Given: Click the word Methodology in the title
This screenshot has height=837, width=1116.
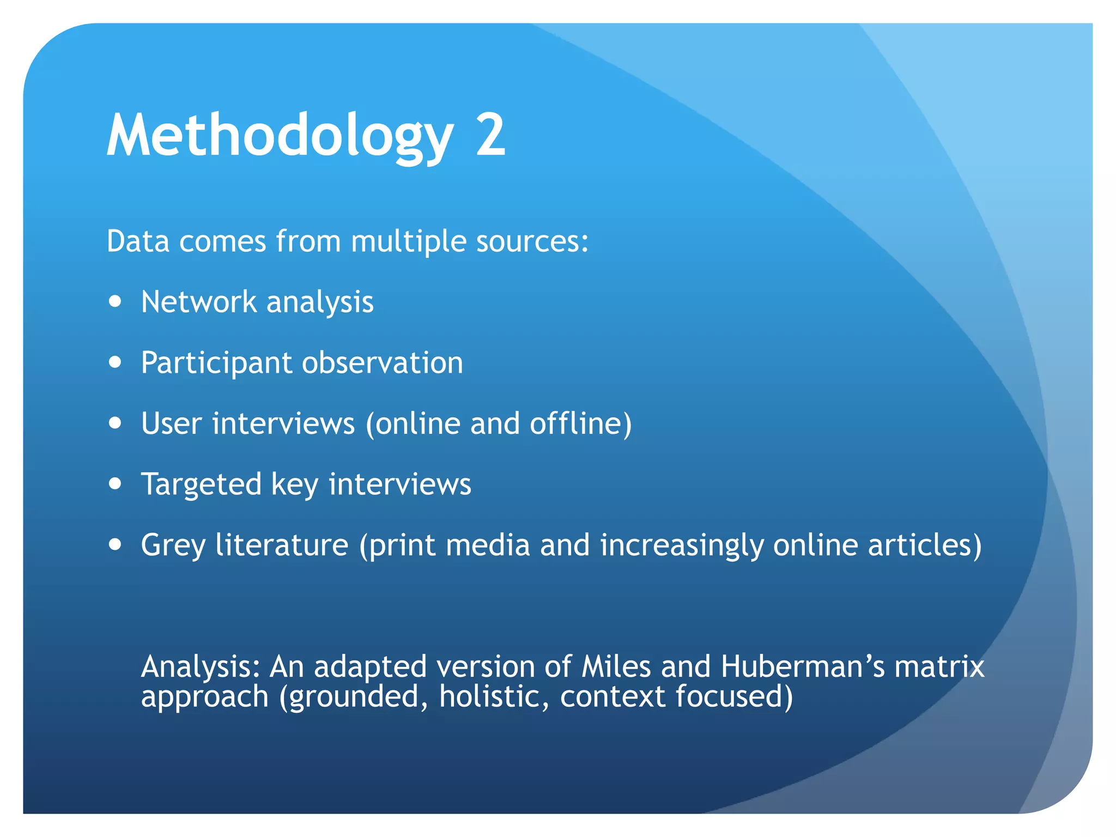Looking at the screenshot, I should click(280, 135).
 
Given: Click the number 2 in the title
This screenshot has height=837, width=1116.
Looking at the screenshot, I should click(490, 135).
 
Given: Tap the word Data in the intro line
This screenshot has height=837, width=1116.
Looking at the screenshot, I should click(138, 241).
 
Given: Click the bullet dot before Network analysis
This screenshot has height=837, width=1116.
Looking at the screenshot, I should click(115, 302).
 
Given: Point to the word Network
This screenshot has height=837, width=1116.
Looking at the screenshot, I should click(198, 302).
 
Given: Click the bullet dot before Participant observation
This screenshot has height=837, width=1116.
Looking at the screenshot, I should click(115, 362).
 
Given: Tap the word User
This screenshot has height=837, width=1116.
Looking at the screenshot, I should click(171, 423).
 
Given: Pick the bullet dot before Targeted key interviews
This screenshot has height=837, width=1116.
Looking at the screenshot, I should click(115, 484).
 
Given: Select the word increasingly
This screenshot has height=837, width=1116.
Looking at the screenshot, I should click(681, 545).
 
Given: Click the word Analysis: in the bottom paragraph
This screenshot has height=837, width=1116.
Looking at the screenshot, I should click(200, 667).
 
